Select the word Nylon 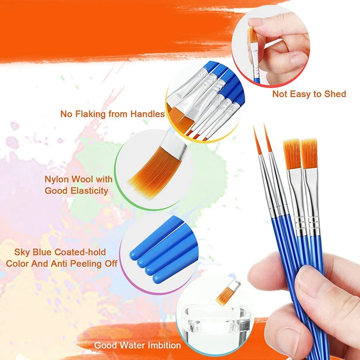coord(57,179)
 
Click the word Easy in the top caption coord(302,94)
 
